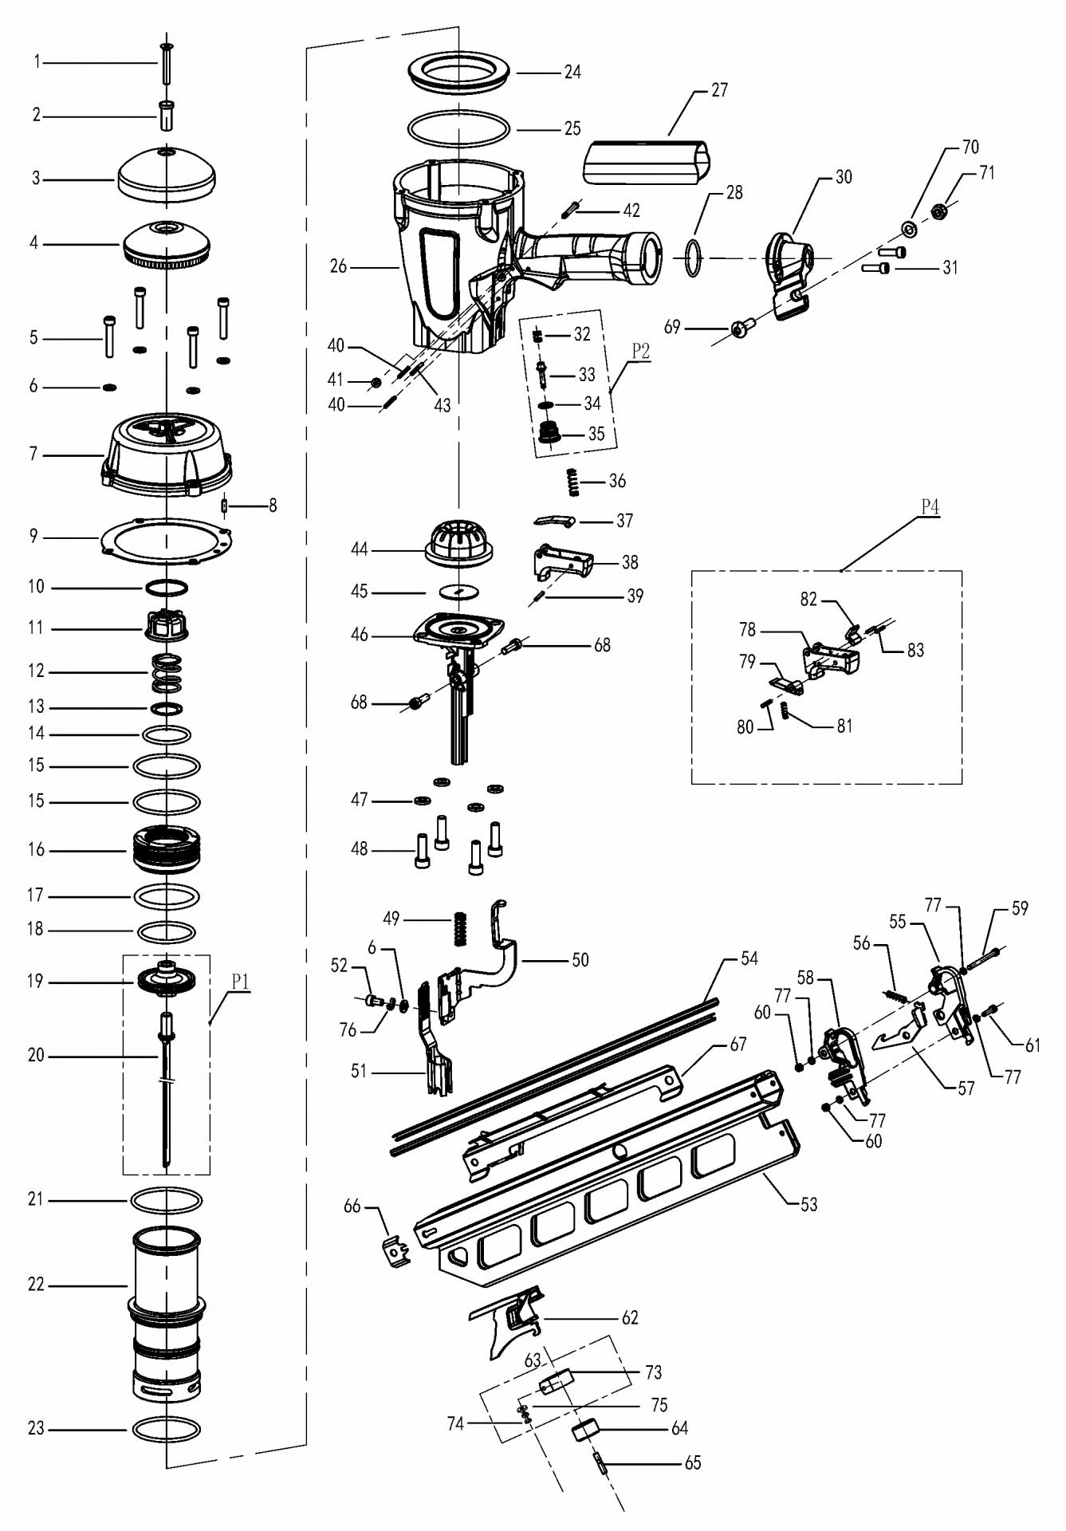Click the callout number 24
click(x=572, y=72)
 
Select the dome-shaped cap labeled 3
click(x=167, y=174)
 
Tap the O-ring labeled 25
click(x=458, y=128)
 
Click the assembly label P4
click(x=930, y=506)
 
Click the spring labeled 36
click(x=571, y=481)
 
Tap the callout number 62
click(x=630, y=1317)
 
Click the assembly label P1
click(x=241, y=981)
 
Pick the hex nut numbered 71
click(x=940, y=212)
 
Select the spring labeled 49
click(x=459, y=928)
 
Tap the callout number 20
click(x=36, y=1055)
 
